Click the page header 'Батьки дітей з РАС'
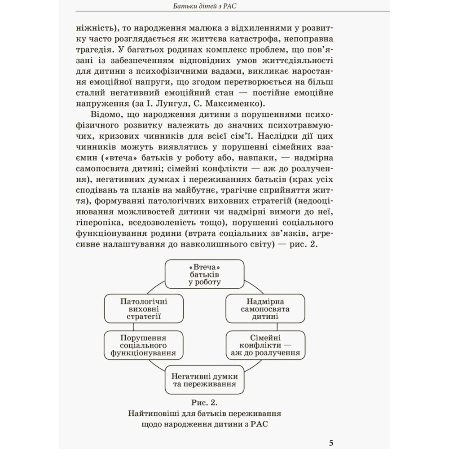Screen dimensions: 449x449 coord(204,6)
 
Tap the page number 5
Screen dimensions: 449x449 coord(331,443)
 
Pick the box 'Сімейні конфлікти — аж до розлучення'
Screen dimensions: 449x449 coord(264,345)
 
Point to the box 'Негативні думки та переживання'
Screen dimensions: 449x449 coord(204,380)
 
